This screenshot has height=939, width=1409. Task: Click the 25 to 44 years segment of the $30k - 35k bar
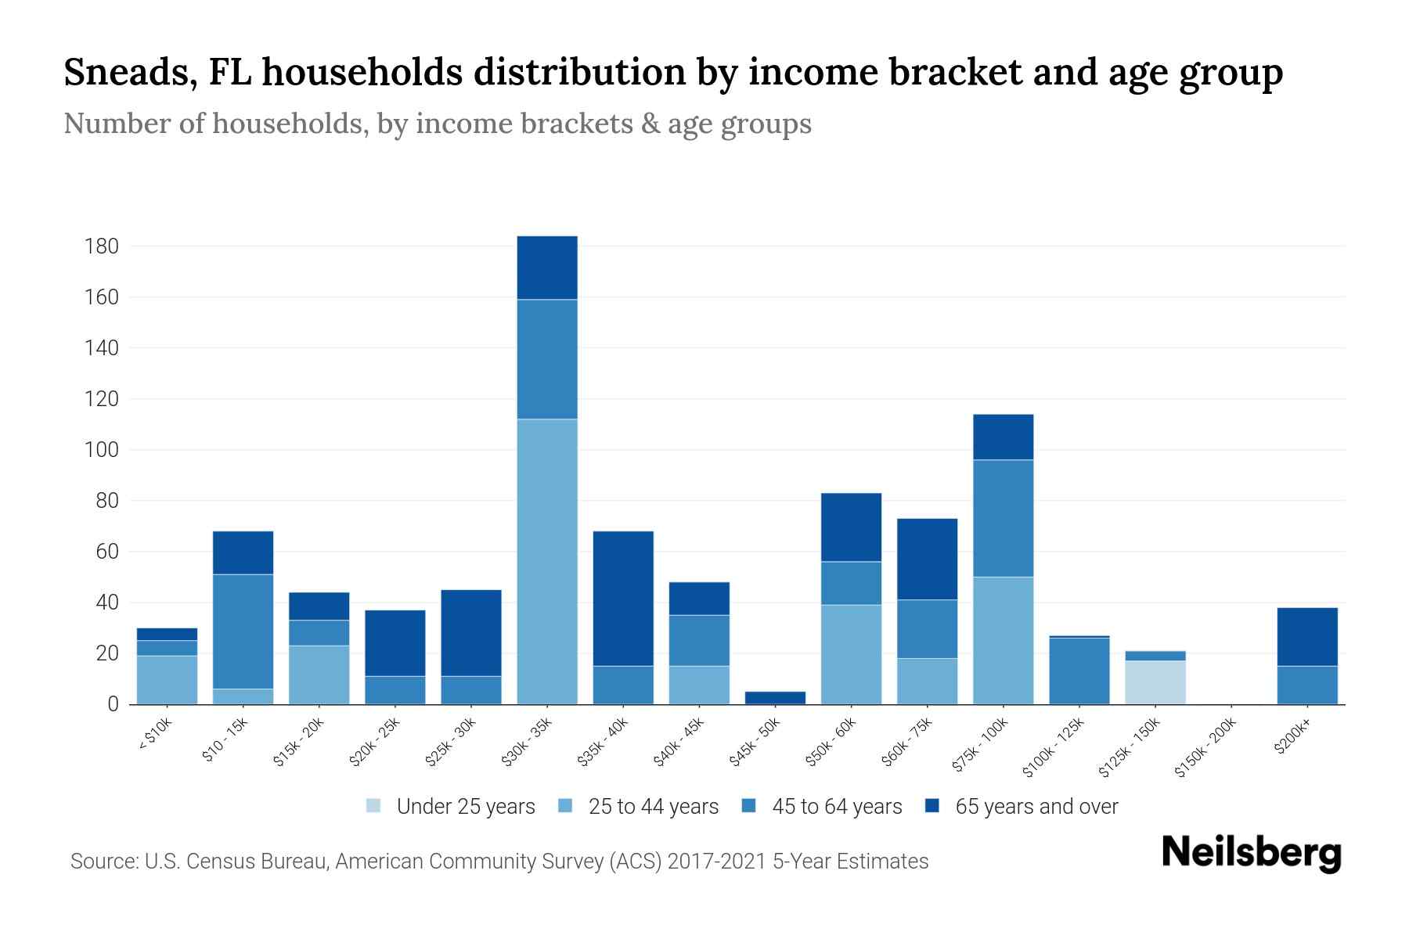tap(547, 561)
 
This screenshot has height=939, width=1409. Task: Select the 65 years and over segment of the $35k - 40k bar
tap(623, 599)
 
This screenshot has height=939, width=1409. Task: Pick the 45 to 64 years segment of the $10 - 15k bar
tap(243, 631)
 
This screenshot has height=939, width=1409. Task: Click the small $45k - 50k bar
tap(775, 697)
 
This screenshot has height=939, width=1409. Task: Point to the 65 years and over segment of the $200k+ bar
tap(1307, 636)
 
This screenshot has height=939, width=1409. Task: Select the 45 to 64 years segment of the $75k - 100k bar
tap(1003, 518)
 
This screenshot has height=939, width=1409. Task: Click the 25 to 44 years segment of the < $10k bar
tap(167, 679)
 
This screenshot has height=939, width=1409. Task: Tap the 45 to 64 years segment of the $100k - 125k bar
tap(1079, 671)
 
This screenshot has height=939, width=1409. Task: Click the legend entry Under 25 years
tap(465, 807)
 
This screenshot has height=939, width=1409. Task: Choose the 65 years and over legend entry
tap(1036, 807)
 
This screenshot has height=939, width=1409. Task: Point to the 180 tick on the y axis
tap(101, 247)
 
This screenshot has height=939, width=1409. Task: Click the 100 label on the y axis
tap(101, 450)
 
